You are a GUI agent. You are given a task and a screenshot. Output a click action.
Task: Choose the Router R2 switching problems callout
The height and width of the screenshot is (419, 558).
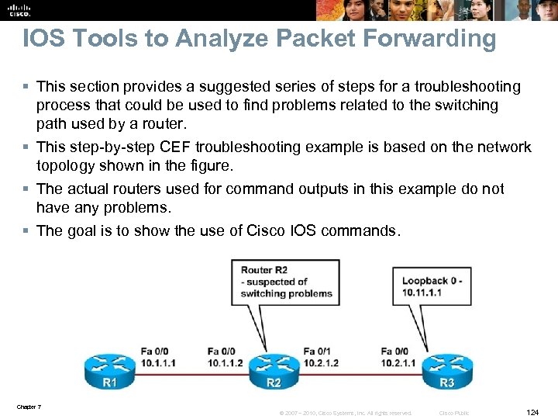coord(286,282)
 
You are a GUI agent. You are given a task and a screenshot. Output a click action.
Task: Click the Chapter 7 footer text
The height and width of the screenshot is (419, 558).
coord(28,407)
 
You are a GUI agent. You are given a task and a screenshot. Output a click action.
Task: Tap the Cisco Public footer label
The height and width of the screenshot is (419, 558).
coord(453,413)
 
